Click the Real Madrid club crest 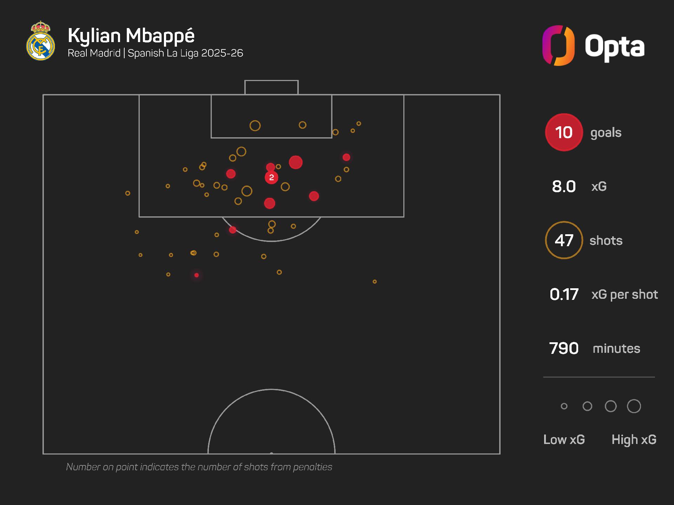pos(41,41)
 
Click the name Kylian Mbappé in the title pos(131,36)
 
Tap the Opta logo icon pos(559,46)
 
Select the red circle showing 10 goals pos(564,133)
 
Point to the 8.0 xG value pos(564,186)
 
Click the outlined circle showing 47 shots pos(564,240)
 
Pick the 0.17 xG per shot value pos(564,294)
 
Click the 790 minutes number pos(564,348)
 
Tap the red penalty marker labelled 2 pos(271,177)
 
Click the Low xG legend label pos(564,439)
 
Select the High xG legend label pos(634,439)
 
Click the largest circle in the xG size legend pos(634,406)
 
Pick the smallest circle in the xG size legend pos(564,406)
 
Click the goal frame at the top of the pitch pos(271,87)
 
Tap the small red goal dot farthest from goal pos(197,275)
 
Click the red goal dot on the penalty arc pos(233,230)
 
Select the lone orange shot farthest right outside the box pos(375,282)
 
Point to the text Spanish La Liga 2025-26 pos(185,53)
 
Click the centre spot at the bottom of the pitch pos(271,453)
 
